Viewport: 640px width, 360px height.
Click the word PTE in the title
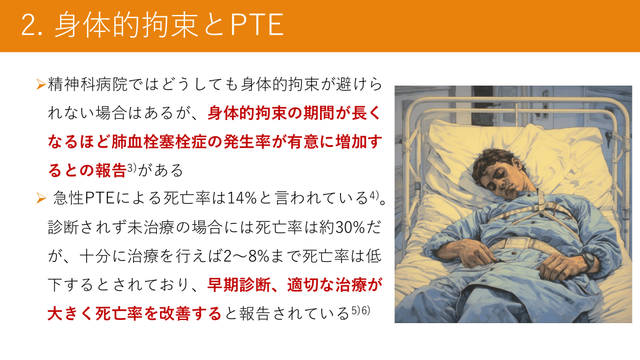tap(257, 24)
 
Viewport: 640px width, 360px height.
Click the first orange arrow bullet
tap(41, 84)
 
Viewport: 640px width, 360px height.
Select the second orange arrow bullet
tap(41, 198)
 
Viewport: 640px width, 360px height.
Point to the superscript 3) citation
tap(131, 167)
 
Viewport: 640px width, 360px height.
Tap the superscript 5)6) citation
tap(361, 310)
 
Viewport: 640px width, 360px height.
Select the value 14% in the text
tap(242, 198)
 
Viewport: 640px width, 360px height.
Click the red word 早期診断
tap(239, 285)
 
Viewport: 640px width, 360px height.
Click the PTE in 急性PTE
tap(100, 198)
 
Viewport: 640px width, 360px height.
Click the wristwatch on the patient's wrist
tap(589, 261)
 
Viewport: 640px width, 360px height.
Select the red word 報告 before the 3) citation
tap(111, 170)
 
